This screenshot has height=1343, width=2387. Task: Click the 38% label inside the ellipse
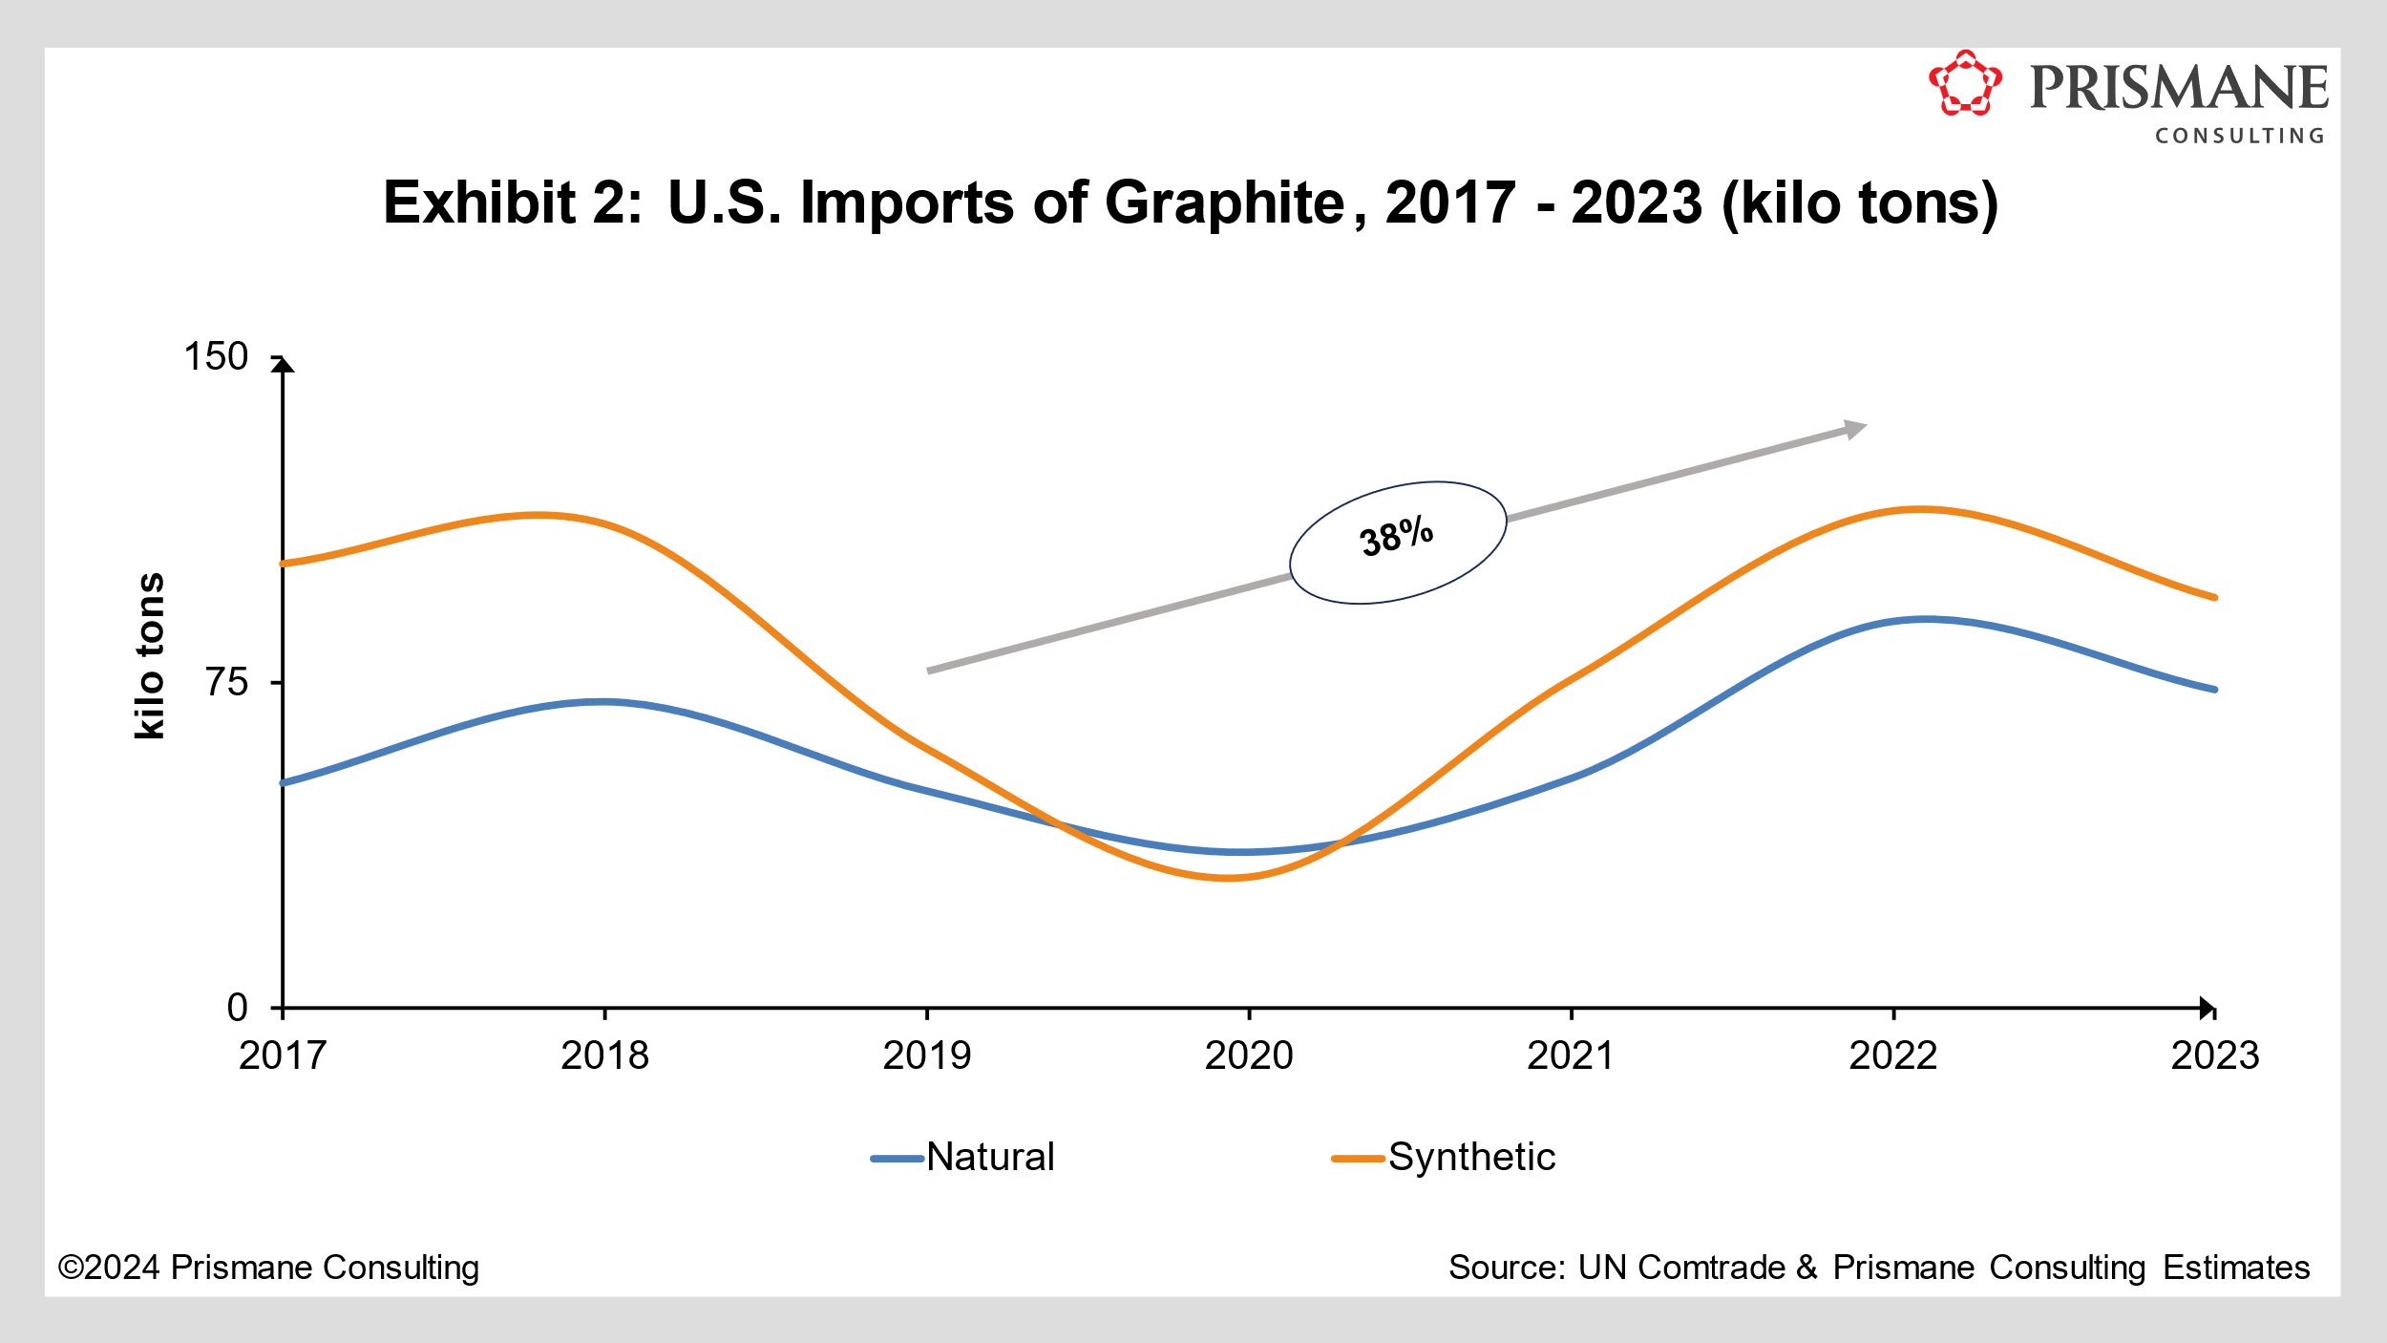[1397, 537]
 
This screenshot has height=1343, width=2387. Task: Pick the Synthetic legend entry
[1444, 1157]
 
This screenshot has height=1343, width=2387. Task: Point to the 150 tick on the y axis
[216, 356]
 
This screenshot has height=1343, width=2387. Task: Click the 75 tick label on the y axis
[226, 682]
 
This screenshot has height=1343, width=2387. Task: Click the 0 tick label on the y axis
[237, 1008]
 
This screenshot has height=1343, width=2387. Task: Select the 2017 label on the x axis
[283, 1055]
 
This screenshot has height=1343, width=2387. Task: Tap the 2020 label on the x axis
[1249, 1055]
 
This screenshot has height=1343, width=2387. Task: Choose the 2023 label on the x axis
[2215, 1055]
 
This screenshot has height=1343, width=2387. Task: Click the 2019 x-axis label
[926, 1055]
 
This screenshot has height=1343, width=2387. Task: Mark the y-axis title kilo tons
[150, 655]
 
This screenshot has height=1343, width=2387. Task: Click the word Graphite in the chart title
[1224, 203]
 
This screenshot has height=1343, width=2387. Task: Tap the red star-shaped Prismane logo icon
[1965, 84]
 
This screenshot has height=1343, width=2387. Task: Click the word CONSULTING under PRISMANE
[2239, 136]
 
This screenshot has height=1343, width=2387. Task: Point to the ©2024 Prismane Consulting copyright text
[268, 1268]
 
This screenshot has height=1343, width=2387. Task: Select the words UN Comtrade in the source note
[1680, 1268]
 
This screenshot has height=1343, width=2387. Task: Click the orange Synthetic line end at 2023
[2214, 597]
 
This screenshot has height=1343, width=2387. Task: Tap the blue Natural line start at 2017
[284, 782]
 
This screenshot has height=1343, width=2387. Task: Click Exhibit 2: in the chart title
[513, 203]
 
